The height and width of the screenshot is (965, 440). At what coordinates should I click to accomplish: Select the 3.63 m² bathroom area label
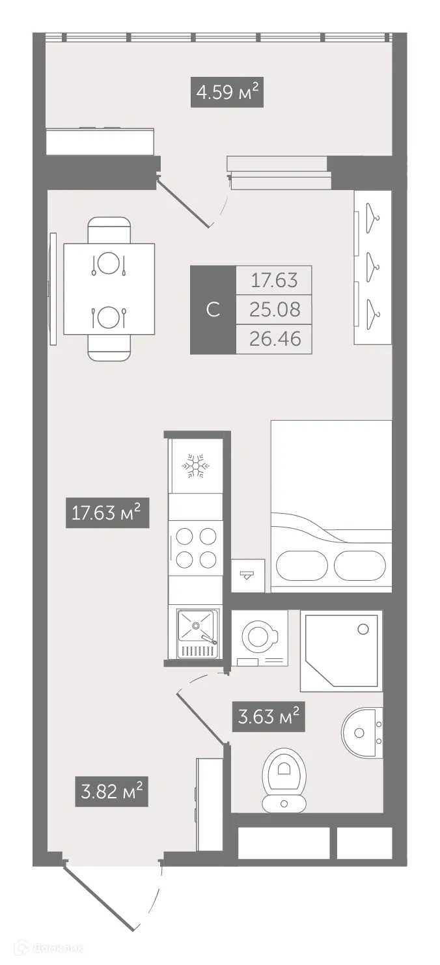tap(269, 718)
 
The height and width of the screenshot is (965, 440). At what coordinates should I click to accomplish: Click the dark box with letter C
tap(213, 310)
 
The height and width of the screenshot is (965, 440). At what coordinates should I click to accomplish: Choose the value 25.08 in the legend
tap(275, 310)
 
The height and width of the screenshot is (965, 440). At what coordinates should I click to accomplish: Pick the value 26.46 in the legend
tap(275, 339)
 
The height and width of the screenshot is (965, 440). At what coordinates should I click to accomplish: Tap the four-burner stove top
tap(195, 548)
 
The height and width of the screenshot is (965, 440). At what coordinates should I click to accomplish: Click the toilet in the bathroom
tap(284, 779)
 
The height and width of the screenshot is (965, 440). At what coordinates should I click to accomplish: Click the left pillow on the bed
tap(301, 566)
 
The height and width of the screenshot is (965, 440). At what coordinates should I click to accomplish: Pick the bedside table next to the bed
tap(248, 575)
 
